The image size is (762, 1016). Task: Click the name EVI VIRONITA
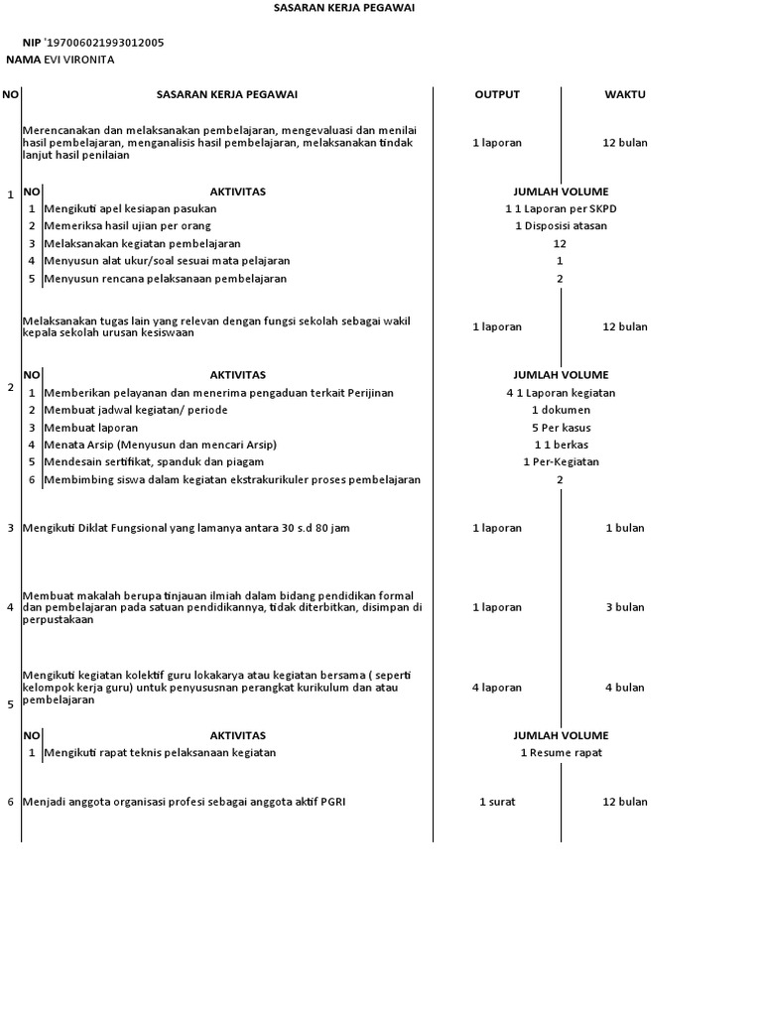point(79,60)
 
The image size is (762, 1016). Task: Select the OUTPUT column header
point(497,94)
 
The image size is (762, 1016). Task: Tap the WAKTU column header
point(625,94)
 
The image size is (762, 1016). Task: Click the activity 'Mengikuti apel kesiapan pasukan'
point(130,208)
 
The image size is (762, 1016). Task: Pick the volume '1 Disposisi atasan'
point(561,225)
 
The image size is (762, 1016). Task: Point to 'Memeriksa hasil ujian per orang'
point(127,225)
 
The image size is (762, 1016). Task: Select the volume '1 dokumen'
point(561,410)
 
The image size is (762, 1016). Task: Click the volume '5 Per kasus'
point(561,428)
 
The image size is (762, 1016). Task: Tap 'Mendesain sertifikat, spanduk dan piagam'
point(154,461)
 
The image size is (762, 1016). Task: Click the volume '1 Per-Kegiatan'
point(561,461)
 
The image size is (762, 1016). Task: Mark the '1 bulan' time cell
point(625,528)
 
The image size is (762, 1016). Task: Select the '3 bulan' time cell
point(625,607)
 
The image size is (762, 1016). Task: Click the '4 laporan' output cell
point(497,687)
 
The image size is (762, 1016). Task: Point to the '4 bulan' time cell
point(625,687)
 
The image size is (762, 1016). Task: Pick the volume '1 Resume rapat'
point(561,752)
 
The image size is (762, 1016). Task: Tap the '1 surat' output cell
point(497,802)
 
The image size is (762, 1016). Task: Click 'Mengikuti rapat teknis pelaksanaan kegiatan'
point(160,752)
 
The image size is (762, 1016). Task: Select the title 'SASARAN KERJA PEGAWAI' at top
point(344,7)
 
